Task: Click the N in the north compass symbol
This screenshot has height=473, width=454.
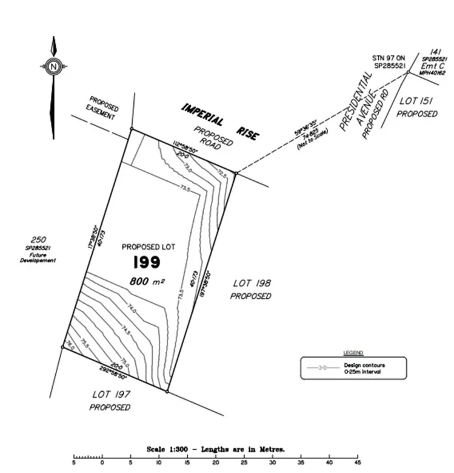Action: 53,66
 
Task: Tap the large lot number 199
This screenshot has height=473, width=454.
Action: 146,262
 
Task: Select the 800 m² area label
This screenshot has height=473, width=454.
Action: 146,281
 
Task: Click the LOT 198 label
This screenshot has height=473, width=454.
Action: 252,283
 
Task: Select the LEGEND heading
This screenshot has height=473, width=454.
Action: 352,352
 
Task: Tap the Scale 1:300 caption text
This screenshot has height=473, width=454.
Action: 215,449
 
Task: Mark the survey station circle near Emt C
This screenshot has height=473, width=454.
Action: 409,72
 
